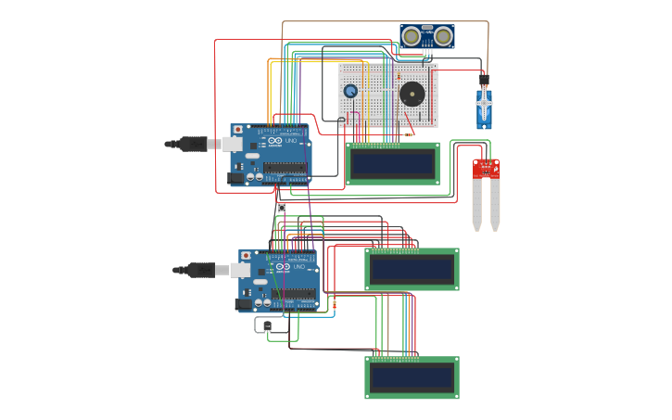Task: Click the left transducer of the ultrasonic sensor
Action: pyautogui.click(x=411, y=36)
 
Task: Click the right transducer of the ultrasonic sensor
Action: pyautogui.click(x=444, y=36)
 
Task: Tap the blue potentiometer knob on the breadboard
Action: pyautogui.click(x=350, y=90)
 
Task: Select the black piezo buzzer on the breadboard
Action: pyautogui.click(x=410, y=93)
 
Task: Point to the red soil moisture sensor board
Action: pyautogui.click(x=486, y=168)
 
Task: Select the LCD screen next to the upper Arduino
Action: pyautogui.click(x=393, y=163)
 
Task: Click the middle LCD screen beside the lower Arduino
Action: pyautogui.click(x=412, y=269)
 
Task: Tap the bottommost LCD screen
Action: pyautogui.click(x=412, y=377)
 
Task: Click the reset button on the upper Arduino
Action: pyautogui.click(x=238, y=130)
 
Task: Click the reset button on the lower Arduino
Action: pyautogui.click(x=247, y=256)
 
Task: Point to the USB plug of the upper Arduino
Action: pyautogui.click(x=197, y=144)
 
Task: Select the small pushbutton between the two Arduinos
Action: pyautogui.click(x=281, y=209)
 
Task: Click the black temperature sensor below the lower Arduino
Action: pyautogui.click(x=267, y=325)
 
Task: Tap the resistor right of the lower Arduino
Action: pyautogui.click(x=334, y=304)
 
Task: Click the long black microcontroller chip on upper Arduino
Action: pyautogui.click(x=285, y=169)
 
